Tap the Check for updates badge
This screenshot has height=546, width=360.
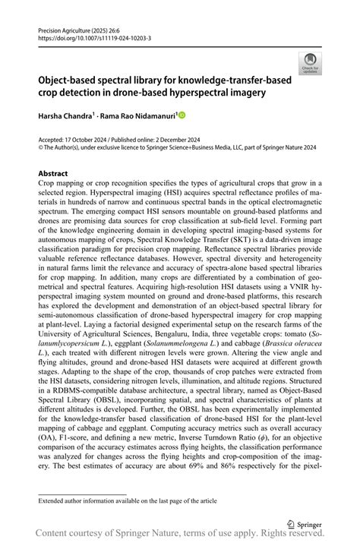coord(309,65)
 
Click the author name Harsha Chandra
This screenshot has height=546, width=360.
coord(65,115)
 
